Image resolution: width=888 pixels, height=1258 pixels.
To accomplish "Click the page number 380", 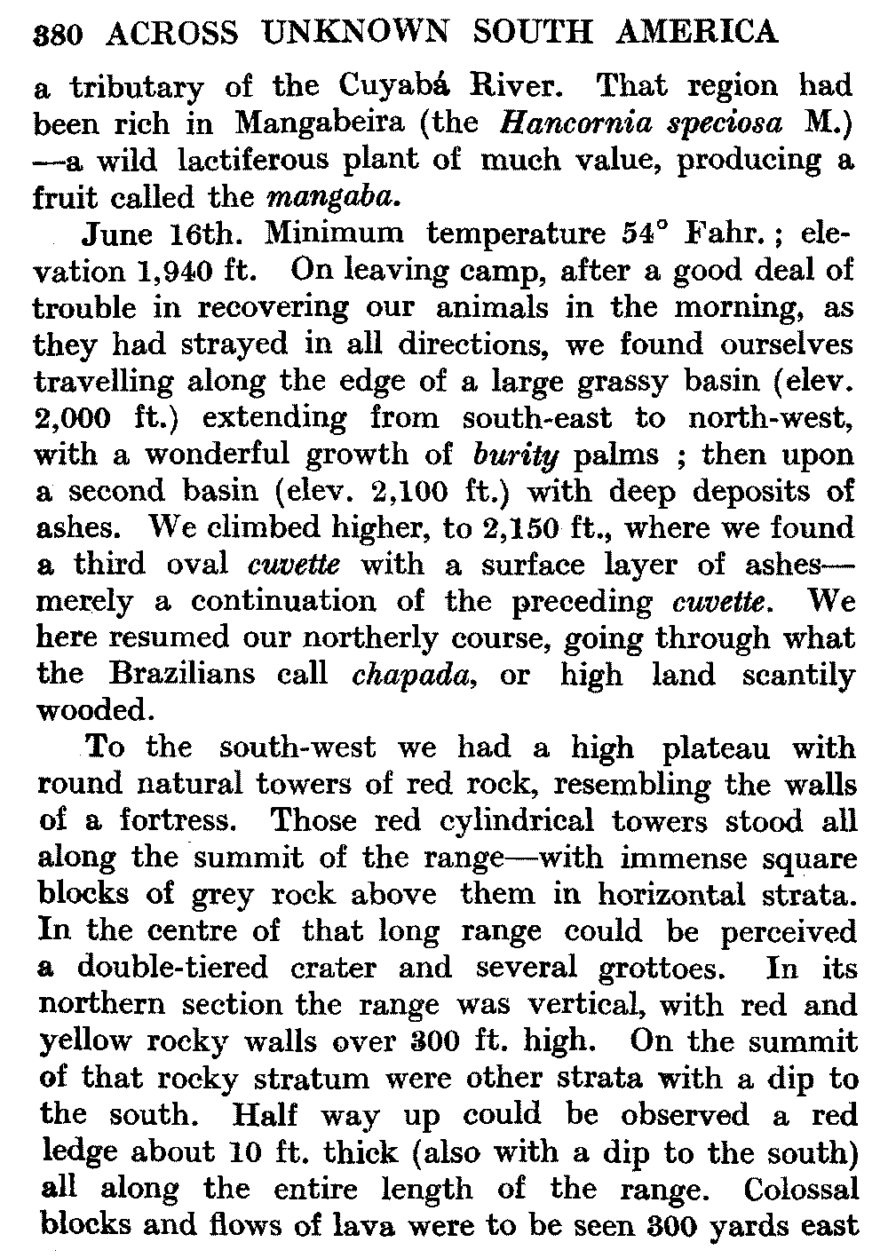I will [58, 34].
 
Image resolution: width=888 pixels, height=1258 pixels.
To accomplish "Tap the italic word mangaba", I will [344, 196].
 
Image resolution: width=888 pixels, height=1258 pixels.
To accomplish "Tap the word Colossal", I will [802, 1188].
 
